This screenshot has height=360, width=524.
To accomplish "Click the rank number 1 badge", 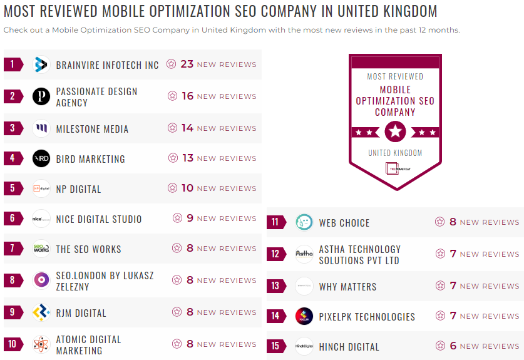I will pos(13,64).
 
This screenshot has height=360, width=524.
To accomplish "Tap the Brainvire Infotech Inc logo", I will pos(41,64).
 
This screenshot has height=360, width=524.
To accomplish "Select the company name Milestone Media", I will pos(92,129).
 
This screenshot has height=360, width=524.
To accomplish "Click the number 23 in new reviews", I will pos(187,64).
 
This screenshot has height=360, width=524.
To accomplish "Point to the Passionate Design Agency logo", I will pos(41,96).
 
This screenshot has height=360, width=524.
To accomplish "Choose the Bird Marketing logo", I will pos(41,159).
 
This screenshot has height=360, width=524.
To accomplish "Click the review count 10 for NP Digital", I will pos(187,188).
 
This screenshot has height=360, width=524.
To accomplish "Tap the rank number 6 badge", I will pos(13,219).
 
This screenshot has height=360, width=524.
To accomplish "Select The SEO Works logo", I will pos(41,249).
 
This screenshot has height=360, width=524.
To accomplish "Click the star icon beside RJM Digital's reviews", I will pos(177,312).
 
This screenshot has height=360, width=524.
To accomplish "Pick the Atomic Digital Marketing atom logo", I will pos(41,344).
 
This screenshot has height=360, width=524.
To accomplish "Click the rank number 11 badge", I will pos(275,222).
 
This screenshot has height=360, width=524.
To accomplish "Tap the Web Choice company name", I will pos(344,223).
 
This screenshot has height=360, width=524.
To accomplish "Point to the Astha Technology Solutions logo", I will pos(304,254).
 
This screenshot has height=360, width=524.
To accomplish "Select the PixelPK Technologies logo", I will pos(304,316).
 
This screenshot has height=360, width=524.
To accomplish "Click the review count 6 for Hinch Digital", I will pos(453,346).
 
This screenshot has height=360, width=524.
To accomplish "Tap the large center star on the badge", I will pos(396,131).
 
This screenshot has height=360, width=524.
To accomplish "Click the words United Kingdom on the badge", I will pos(395,153).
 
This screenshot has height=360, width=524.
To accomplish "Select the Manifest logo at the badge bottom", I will pos(396,168).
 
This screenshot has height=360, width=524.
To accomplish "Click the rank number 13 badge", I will pos(275,286).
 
